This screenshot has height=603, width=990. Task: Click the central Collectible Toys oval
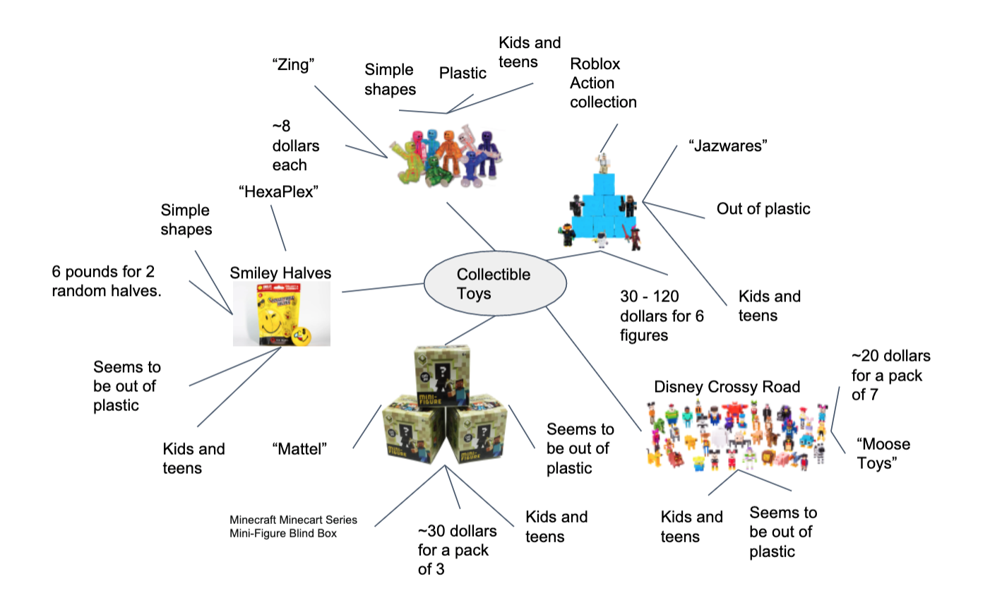494,284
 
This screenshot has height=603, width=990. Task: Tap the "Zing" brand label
293,65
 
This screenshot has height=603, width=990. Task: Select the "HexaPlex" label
278,191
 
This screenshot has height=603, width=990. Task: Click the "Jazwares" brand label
727,146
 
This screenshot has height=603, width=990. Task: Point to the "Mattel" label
299,448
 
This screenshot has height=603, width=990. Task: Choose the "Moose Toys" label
883,453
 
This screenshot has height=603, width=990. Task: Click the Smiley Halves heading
280,273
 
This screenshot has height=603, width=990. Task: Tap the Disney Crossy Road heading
727,387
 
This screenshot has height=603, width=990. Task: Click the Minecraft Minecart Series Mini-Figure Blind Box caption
293,527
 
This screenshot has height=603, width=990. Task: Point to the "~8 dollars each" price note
295,146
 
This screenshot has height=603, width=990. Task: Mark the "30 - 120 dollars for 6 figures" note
662,316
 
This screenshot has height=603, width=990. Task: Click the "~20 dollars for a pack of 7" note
890,376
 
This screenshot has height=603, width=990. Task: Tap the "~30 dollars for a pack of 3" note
456,550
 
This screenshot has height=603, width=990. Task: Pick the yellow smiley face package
281,314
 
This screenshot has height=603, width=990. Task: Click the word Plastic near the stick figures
463,73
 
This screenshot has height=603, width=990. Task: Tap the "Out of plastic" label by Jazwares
763,209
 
